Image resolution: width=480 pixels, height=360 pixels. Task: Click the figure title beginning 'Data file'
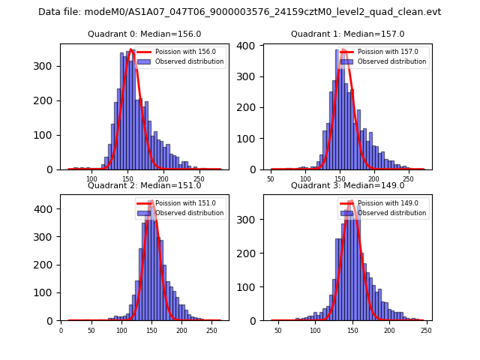tap(240, 12)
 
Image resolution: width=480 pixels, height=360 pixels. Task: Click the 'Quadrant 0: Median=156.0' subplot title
tap(144, 34)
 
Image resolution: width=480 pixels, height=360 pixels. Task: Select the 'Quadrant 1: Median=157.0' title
tap(347, 34)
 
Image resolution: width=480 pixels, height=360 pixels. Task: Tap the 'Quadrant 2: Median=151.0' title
tap(144, 185)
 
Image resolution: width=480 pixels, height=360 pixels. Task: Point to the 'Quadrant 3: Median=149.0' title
tap(347, 185)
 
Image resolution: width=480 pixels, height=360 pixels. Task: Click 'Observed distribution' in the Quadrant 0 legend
tap(189, 61)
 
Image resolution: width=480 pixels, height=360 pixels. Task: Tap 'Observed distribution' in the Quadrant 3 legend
tap(391, 213)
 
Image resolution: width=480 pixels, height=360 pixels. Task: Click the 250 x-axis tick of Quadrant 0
tap(199, 179)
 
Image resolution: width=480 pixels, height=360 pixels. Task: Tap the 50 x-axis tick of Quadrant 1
tap(271, 179)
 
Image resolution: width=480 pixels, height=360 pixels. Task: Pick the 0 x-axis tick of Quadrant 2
tap(61, 330)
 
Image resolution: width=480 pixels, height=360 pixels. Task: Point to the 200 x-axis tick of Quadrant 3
tap(389, 330)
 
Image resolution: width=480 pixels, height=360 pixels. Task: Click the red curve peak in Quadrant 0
tap(130, 50)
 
